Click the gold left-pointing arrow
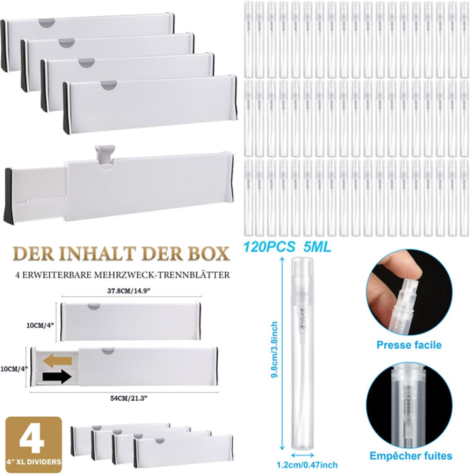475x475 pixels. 58,362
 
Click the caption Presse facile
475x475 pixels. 409,345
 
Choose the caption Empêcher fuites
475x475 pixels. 410,456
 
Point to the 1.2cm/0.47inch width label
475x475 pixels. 307,464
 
